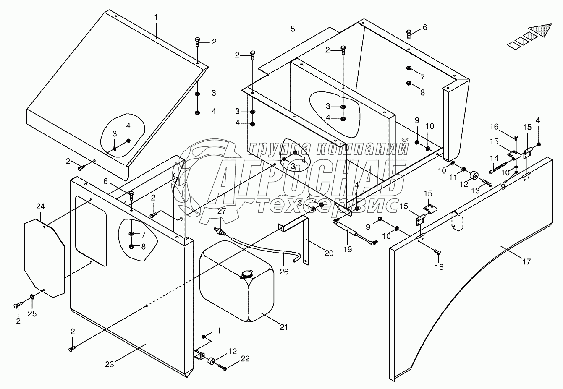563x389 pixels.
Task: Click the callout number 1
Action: click(x=156, y=18)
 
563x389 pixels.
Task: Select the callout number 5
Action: click(x=293, y=29)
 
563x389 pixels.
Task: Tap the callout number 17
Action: click(x=526, y=262)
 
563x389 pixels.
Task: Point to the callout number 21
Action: click(x=284, y=327)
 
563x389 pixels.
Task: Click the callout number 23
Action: click(x=110, y=365)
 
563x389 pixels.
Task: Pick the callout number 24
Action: click(x=40, y=206)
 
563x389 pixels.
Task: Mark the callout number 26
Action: click(x=285, y=272)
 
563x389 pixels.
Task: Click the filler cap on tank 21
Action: click(x=246, y=275)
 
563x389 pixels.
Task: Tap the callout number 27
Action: click(x=221, y=211)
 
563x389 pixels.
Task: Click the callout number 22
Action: click(x=245, y=359)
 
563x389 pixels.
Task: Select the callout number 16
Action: click(x=494, y=127)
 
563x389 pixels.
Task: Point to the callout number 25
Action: click(x=32, y=313)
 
